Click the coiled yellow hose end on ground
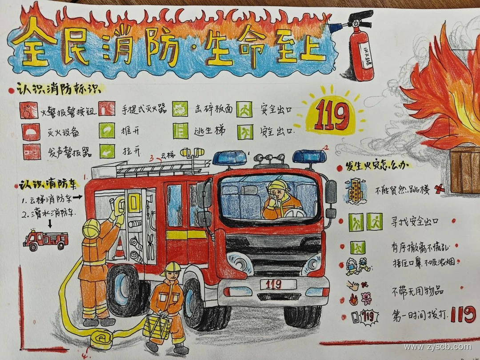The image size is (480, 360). (x=104, y=339)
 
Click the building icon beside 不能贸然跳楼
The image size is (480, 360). (x=356, y=190)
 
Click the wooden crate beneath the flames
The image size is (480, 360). (x=465, y=171)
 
